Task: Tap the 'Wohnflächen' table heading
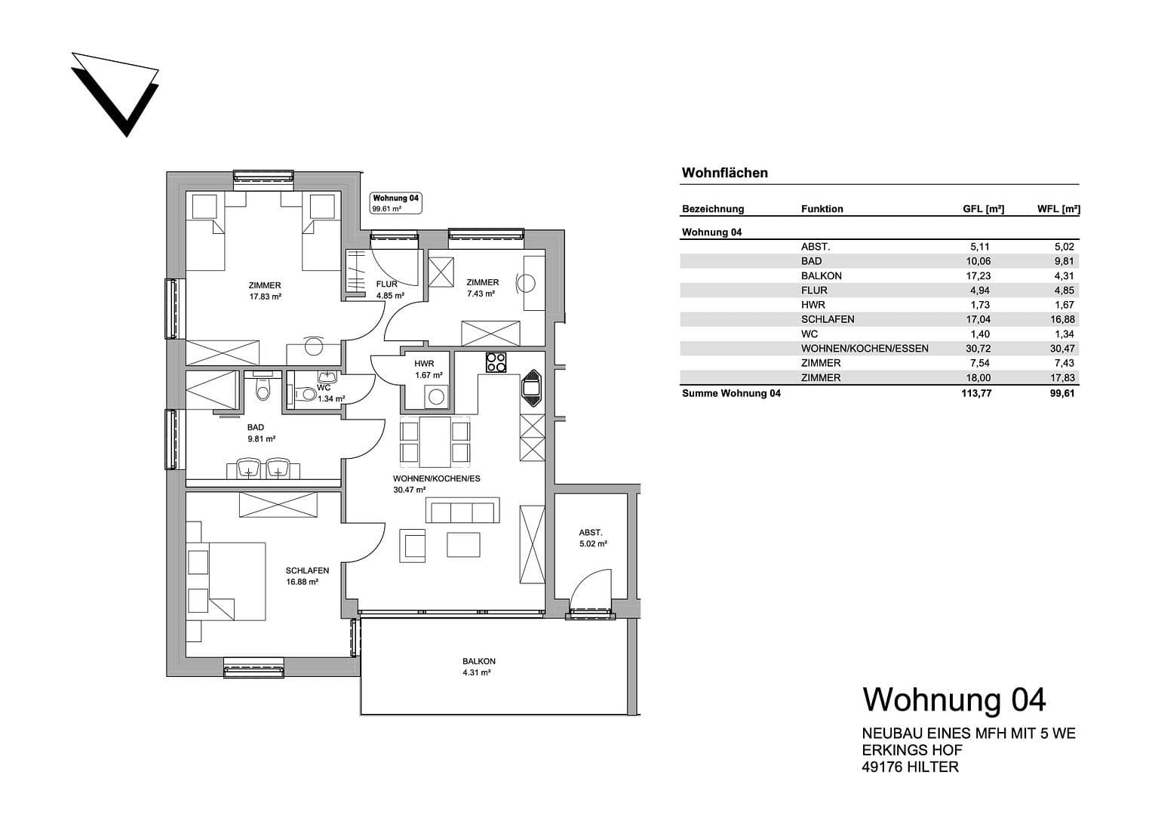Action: point(724,173)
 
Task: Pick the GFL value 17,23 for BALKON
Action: point(976,276)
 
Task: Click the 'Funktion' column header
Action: point(822,209)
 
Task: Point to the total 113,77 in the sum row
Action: point(976,393)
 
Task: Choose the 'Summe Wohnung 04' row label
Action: point(730,393)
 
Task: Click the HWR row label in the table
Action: point(813,305)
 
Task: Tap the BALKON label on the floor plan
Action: point(479,662)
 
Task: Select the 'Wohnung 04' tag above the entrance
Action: point(395,202)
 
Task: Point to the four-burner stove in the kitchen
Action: point(496,362)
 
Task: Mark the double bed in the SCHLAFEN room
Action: point(236,580)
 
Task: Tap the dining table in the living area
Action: point(435,441)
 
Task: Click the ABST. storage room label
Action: point(591,533)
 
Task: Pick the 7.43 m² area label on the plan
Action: point(481,294)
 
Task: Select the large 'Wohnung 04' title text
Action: point(954,700)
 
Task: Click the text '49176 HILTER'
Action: point(910,767)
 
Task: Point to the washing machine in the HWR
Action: point(435,396)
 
